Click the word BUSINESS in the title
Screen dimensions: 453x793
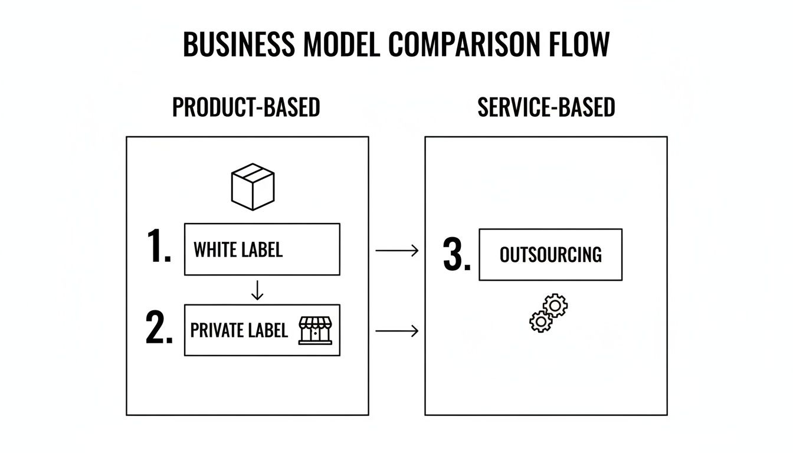[238, 44]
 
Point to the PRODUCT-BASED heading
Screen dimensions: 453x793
[246, 107]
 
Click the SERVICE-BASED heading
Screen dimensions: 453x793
[546, 107]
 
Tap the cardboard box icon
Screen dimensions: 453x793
[253, 186]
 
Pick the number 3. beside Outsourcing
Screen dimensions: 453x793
[457, 255]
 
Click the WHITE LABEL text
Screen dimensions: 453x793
[238, 250]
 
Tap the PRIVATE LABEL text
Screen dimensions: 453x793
[239, 330]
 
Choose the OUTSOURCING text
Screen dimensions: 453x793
[550, 255]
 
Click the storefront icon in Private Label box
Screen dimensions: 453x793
[316, 330]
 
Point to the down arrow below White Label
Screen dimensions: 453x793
[257, 290]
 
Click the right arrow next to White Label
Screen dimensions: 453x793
[396, 251]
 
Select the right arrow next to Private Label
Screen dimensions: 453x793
[396, 331]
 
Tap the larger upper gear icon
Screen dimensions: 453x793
[555, 306]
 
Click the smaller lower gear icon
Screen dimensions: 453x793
[540, 321]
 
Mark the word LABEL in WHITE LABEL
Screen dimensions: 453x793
[260, 250]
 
